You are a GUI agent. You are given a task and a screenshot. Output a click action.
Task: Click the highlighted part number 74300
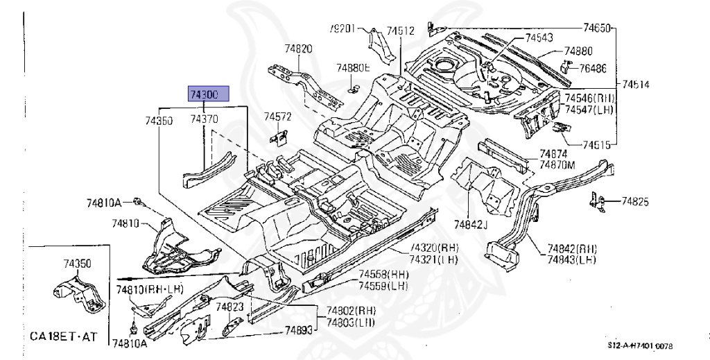click(205, 94)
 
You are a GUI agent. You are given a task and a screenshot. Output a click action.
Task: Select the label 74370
click(205, 120)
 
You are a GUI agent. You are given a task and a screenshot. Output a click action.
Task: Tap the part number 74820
click(298, 49)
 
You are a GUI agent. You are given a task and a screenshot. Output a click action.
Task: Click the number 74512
click(401, 31)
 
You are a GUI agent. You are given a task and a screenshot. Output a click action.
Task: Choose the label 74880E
click(354, 68)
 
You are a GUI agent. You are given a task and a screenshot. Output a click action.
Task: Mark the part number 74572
click(279, 116)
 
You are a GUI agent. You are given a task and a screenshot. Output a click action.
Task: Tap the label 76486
click(593, 68)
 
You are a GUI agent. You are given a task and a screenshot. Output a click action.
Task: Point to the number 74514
click(636, 85)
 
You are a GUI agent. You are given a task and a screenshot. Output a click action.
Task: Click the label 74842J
click(471, 224)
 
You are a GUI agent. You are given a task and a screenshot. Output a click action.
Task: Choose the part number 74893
click(299, 332)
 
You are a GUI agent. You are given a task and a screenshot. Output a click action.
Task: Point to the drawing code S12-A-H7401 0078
click(641, 345)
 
